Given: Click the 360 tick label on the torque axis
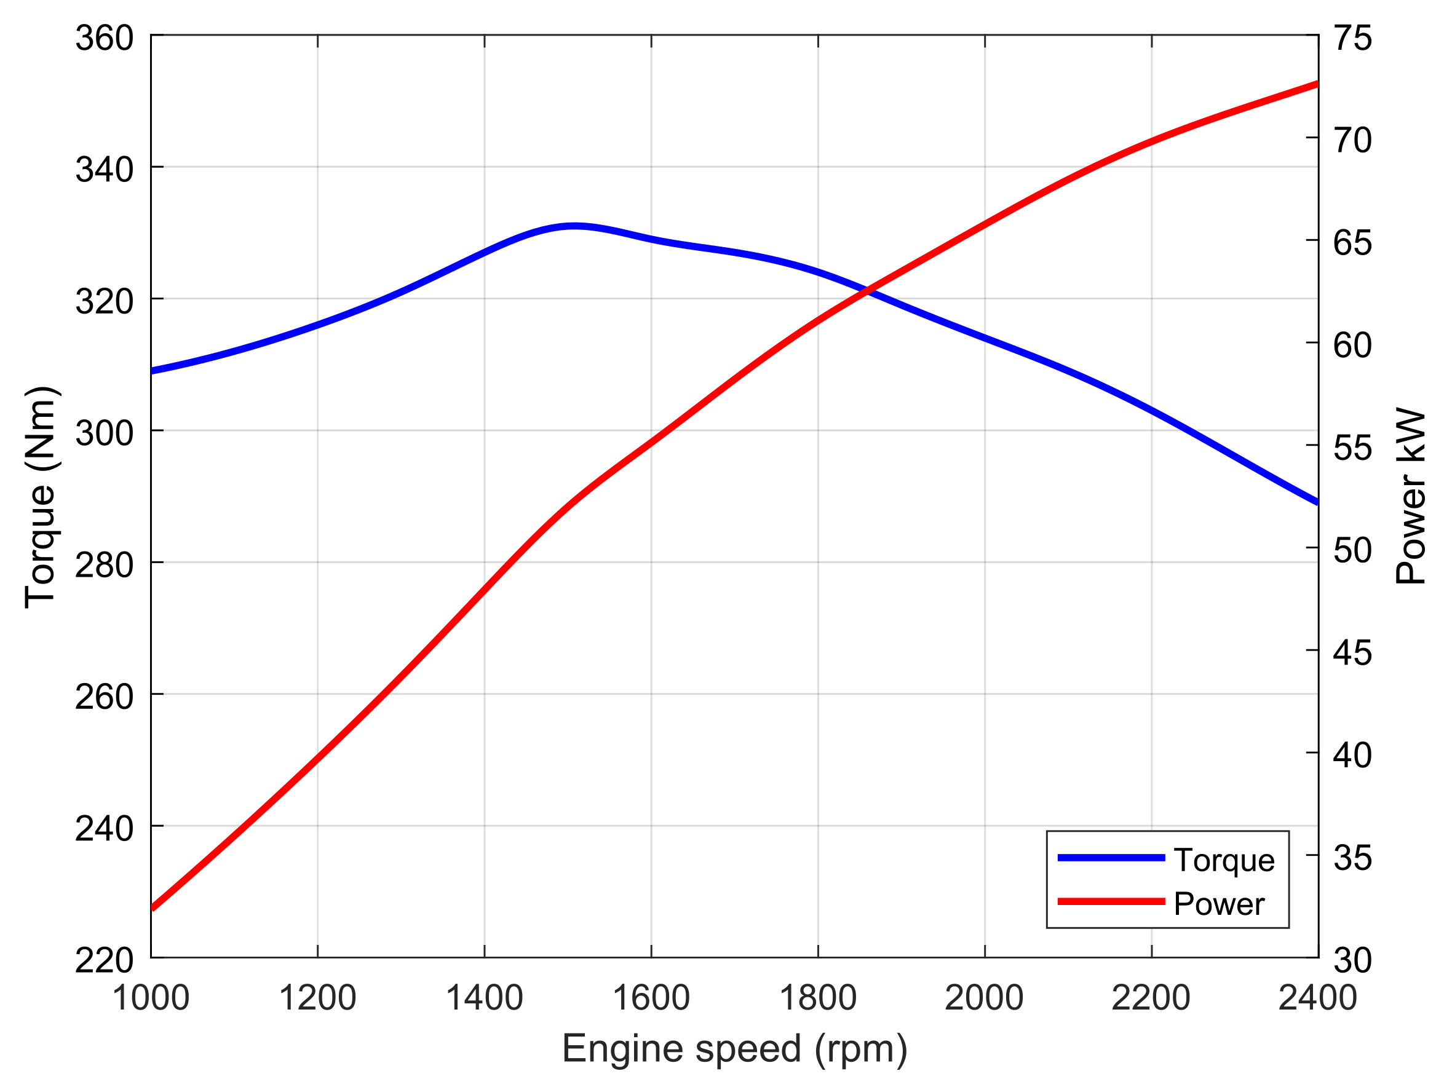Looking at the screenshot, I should tap(104, 38).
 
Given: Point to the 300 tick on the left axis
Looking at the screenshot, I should tap(104, 433).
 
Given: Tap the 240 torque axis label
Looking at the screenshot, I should tap(104, 829).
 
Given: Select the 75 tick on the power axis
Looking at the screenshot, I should tap(1352, 38).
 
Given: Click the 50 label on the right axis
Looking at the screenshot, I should tap(1352, 550).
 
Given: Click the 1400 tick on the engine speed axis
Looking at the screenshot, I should tap(484, 998).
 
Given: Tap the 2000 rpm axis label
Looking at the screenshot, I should tap(984, 998).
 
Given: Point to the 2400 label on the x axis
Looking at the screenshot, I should tap(1317, 998).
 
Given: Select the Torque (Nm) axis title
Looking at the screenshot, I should tap(41, 497).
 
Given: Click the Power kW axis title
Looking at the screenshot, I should tap(1410, 496).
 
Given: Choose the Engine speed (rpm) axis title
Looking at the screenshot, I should tap(734, 1048).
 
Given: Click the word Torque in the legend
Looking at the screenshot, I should tap(1224, 860).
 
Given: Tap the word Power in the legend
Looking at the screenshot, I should tap(1219, 904).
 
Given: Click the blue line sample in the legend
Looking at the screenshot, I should tap(1111, 857).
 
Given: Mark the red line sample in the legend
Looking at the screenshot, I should tap(1111, 902).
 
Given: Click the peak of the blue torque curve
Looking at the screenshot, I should tap(573, 226).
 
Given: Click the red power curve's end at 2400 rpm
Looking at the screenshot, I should tap(1316, 84).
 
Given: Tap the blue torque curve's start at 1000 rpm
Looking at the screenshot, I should tap(153, 371).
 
